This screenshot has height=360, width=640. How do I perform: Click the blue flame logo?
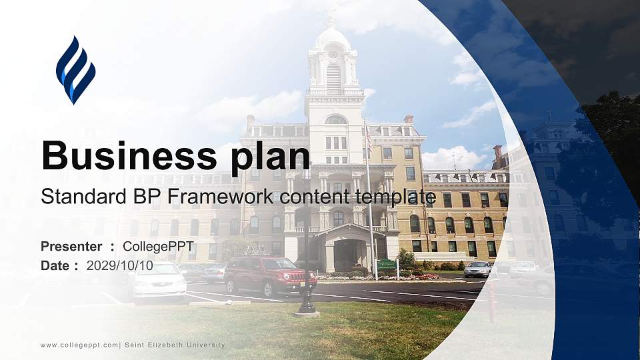tap(75, 70)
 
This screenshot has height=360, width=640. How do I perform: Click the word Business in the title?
tap(124, 155)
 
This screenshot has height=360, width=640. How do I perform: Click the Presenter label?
tap(71, 247)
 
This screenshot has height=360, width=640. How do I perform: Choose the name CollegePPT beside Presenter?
tap(158, 247)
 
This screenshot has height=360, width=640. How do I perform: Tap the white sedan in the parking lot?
tap(158, 279)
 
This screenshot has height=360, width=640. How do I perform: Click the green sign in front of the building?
tap(387, 265)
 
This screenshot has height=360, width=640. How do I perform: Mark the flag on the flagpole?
tap(368, 138)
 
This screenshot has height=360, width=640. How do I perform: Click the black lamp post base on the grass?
tap(307, 310)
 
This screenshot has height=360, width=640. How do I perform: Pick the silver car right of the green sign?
tap(477, 269)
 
